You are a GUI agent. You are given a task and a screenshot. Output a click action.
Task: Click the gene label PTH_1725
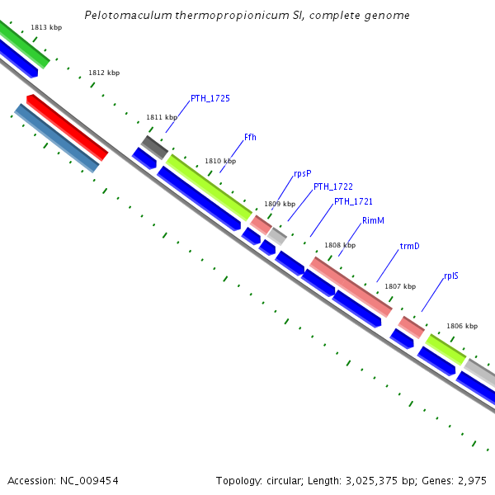pos(210,98)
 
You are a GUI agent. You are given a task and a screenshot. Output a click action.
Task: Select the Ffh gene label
pos(250,137)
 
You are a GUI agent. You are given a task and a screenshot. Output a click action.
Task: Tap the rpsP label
pos(302,173)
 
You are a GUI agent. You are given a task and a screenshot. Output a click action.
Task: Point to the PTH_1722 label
pos(332,187)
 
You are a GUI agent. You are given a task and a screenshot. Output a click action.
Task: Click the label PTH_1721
pos(353,201)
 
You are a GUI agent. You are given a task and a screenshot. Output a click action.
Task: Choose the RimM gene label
pos(373,220)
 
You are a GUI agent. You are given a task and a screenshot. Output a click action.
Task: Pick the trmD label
pos(409,246)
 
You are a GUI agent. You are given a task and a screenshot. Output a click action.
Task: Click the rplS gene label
pos(450,276)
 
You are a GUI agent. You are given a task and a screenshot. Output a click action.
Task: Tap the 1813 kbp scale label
pos(46,27)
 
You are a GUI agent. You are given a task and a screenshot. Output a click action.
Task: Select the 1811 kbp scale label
pos(162,117)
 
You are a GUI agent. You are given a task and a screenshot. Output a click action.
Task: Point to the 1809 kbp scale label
pos(279,204)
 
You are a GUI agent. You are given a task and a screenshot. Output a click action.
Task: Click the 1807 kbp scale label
pos(400,286)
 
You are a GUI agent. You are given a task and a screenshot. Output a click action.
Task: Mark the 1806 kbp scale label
pos(462,326)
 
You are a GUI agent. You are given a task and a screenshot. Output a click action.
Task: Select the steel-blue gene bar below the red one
pos(56,139)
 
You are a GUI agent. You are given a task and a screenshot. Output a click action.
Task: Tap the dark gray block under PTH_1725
pos(154,148)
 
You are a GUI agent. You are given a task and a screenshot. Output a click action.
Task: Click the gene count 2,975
pos(472,480)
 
